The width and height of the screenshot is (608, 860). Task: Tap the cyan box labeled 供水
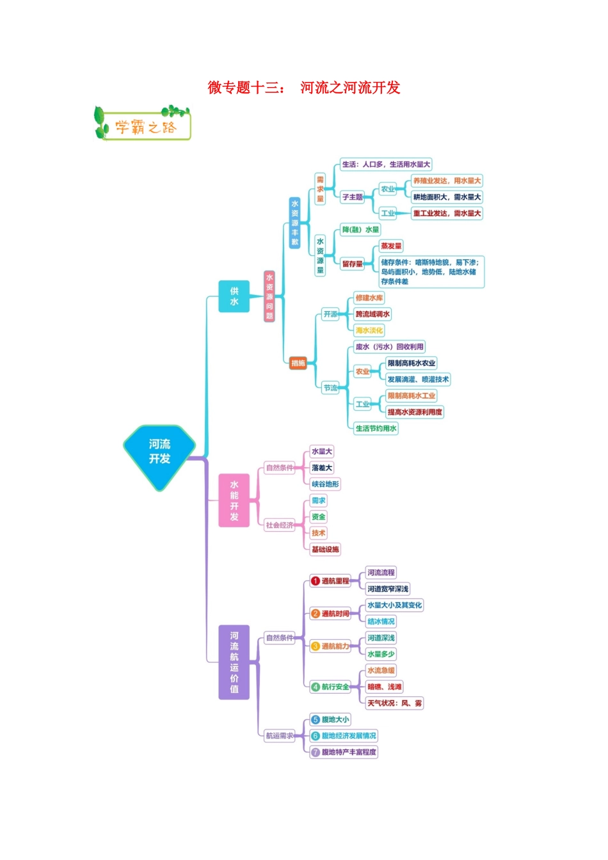(x=234, y=296)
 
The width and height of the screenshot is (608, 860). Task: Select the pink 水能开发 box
(x=234, y=500)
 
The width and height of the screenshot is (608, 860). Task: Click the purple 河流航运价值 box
(x=234, y=662)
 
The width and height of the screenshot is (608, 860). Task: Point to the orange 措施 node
(x=298, y=363)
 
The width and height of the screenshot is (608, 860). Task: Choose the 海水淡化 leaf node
(x=369, y=331)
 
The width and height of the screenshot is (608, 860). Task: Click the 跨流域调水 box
(x=372, y=314)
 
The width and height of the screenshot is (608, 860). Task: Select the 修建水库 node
(x=369, y=298)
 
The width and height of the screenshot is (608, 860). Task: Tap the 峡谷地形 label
(x=325, y=484)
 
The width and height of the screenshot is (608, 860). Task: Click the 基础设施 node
(x=325, y=549)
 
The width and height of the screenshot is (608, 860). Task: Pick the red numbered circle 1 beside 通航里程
(x=315, y=581)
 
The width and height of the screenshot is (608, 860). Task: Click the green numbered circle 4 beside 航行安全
(x=315, y=687)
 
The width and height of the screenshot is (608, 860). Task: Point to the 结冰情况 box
(x=381, y=621)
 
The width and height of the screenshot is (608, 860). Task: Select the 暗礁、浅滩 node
(x=385, y=687)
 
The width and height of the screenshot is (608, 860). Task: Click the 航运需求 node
(x=280, y=736)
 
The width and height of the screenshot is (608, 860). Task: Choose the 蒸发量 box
(x=391, y=246)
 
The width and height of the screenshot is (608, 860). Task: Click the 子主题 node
(x=353, y=197)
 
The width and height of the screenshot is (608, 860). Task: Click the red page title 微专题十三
(x=246, y=88)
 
